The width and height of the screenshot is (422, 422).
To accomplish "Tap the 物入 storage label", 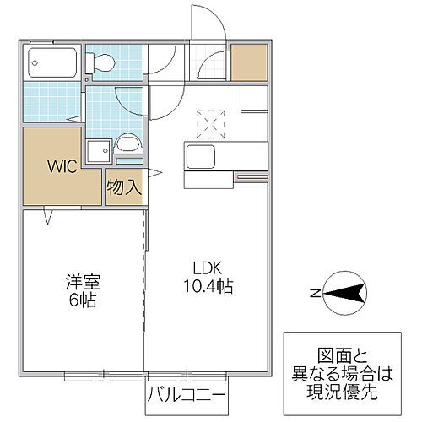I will tap(123, 187).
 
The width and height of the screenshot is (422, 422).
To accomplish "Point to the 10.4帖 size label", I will tap(206, 287).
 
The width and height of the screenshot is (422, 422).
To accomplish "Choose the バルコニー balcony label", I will tap(186, 395).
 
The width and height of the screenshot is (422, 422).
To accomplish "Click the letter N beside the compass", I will tap(313, 294).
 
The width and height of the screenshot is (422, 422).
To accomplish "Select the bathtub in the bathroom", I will tap(52, 62).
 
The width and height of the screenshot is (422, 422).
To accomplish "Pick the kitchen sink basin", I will tap(203, 156).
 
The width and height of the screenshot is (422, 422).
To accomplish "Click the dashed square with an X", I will tap(208, 123).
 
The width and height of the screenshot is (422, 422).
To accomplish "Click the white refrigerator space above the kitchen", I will tap(253, 100).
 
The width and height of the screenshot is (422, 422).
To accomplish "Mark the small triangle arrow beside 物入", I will tap(156, 176).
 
